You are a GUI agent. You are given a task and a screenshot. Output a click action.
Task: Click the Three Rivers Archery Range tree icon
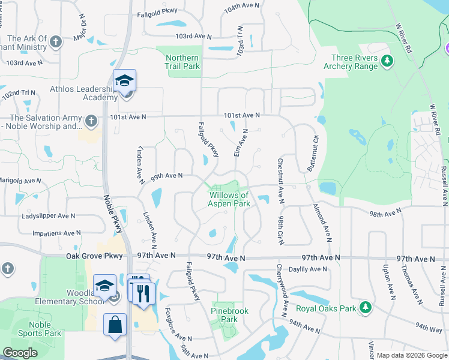[388, 61]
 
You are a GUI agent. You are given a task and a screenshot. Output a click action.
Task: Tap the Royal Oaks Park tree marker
[365, 309]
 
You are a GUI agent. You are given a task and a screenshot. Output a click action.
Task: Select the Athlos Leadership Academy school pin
[125, 81]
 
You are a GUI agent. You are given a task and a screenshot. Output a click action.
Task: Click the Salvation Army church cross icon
[91, 121]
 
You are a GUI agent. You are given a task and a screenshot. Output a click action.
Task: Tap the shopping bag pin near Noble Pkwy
[115, 325]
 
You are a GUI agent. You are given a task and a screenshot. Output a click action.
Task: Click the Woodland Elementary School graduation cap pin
[104, 286]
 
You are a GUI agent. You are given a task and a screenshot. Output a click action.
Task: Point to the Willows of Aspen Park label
[229, 199]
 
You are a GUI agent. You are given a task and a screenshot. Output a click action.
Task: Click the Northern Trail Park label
[182, 62]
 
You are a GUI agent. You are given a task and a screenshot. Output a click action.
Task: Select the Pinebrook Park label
[225, 315]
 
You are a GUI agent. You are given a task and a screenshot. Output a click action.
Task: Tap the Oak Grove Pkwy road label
[95, 256]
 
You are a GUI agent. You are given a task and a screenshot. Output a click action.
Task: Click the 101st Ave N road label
[241, 115]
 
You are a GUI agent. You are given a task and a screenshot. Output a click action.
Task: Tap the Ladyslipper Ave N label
[49, 215]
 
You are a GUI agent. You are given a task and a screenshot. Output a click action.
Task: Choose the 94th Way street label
[429, 329]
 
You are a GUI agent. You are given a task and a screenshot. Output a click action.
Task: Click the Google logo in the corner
[20, 353]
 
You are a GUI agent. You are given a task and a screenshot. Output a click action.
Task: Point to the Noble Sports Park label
[40, 329]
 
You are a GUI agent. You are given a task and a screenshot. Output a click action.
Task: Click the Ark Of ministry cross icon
[56, 42]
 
